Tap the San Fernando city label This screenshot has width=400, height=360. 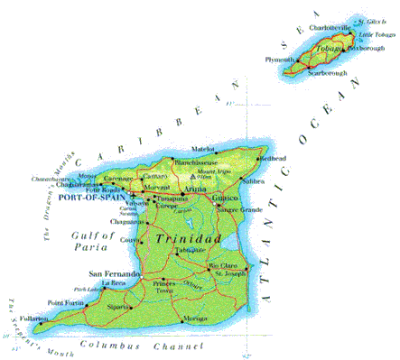click(113, 272)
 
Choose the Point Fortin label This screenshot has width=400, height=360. click(64, 301)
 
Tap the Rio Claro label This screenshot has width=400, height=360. click(223, 266)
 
